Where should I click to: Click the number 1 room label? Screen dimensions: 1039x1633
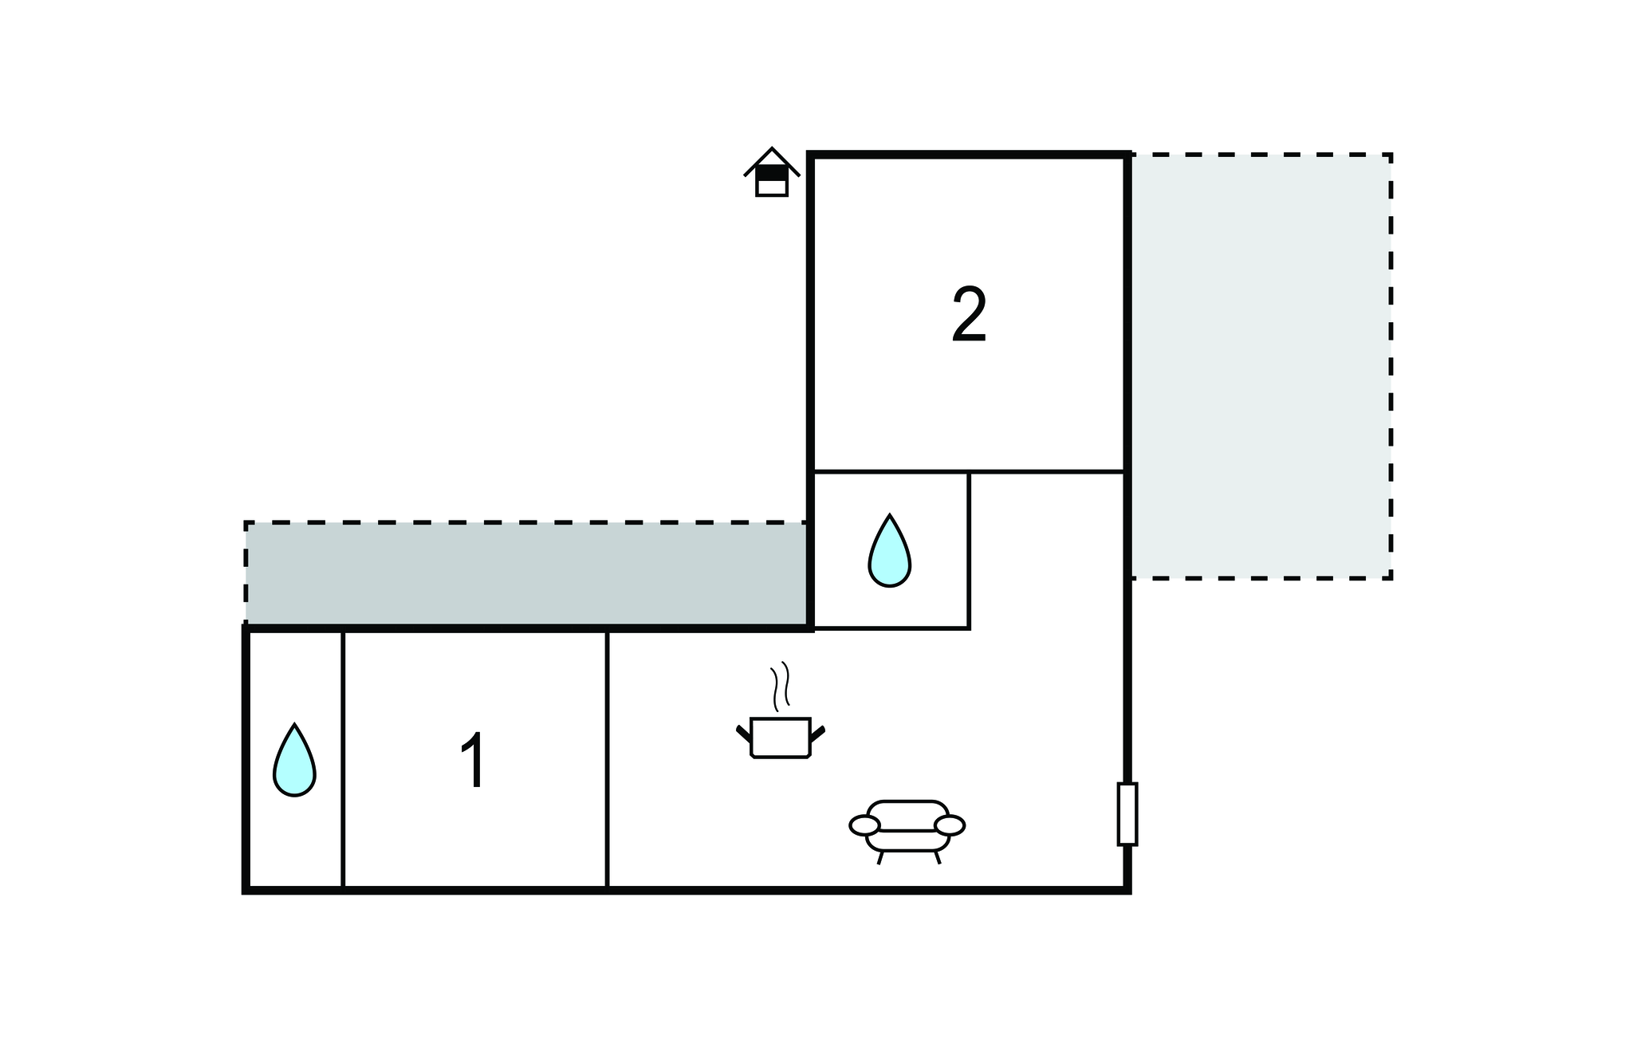coord(474,762)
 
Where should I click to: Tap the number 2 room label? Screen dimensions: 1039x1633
coord(969,316)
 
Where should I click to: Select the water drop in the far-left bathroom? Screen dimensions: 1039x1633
coord(294,762)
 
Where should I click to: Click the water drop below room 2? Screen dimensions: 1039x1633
coord(889,552)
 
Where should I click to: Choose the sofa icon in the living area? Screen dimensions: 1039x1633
coord(907,829)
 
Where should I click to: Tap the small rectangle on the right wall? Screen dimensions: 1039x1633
coord(1127,813)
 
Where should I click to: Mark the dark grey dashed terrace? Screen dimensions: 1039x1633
coord(526,573)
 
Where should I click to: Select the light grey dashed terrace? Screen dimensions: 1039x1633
coord(1260,367)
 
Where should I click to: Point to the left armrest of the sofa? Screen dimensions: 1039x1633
coord(864,825)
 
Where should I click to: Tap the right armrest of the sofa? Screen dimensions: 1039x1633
coord(950,825)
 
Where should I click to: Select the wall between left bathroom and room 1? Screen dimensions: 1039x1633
coord(343,758)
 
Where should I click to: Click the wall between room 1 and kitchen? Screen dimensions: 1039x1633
coord(607,758)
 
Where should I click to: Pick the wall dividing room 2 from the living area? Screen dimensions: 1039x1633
coord(969,472)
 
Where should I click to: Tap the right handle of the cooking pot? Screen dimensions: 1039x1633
coord(817,732)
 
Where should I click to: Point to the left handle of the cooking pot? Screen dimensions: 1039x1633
coord(743,732)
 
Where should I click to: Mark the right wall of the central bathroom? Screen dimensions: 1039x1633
coord(969,550)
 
